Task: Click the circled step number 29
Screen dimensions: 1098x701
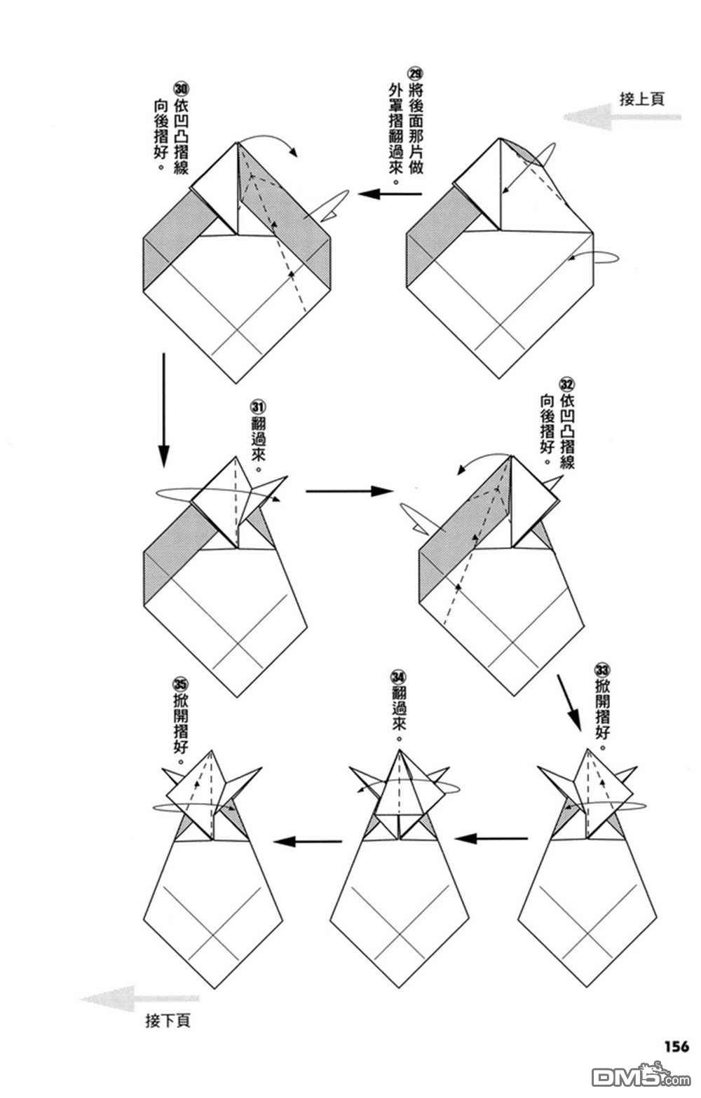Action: pyautogui.click(x=415, y=74)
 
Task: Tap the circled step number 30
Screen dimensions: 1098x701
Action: pyautogui.click(x=181, y=89)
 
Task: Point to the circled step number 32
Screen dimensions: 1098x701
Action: pyautogui.click(x=567, y=384)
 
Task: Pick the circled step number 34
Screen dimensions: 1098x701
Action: pyautogui.click(x=398, y=678)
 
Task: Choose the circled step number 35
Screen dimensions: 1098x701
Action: pyautogui.click(x=180, y=682)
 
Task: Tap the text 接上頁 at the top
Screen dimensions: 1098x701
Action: pyautogui.click(x=641, y=98)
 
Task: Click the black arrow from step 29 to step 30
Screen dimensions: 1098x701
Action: pyautogui.click(x=390, y=194)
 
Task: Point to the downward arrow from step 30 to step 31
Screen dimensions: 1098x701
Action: pyautogui.click(x=163, y=409)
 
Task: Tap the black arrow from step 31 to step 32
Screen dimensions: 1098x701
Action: pyautogui.click(x=349, y=490)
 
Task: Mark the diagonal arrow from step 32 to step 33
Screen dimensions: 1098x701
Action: pyautogui.click(x=569, y=701)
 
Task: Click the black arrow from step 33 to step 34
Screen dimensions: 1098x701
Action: pyautogui.click(x=491, y=837)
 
